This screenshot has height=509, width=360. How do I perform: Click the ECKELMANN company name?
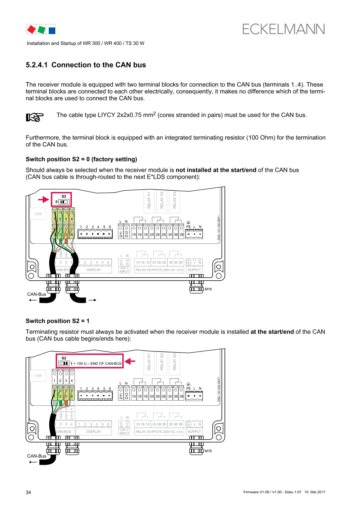pos(283,29)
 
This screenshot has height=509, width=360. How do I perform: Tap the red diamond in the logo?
pos(31,30)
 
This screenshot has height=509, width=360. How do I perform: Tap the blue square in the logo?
pos(51,30)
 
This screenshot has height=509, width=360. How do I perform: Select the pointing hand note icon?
pos(35,117)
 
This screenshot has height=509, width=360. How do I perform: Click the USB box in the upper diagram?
pos(37,214)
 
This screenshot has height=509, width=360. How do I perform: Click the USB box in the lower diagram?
pos(37,375)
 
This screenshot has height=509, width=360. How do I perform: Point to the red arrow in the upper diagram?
pos(43,200)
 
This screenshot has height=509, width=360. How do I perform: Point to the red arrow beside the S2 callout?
pos(131,361)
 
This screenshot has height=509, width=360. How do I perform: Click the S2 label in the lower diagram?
pos(64,357)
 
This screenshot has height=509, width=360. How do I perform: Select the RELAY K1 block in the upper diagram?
pos(149,200)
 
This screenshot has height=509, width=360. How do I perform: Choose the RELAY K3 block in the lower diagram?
pos(174,362)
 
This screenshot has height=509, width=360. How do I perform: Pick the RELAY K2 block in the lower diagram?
pos(161,362)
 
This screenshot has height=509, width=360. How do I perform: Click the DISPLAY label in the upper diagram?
pos(94,270)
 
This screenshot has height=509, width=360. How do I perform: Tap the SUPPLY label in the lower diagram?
pos(194,431)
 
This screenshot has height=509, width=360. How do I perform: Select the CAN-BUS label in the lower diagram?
pos(64,431)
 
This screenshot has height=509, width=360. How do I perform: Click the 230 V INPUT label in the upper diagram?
pos(124,270)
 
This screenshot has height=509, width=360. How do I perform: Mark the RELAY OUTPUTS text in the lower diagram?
pos(148,432)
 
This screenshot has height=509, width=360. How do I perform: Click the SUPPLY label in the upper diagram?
pos(194,270)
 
